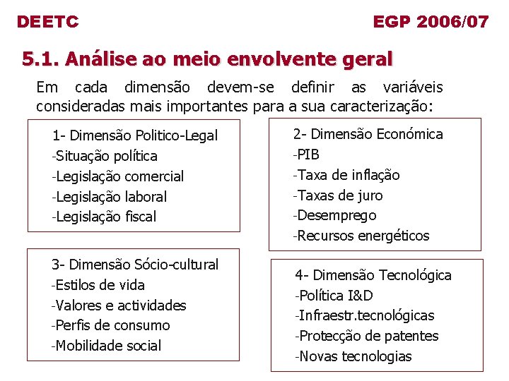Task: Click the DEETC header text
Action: coord(47,22)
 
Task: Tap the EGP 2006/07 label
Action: coord(431,22)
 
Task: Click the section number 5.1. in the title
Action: coord(40,59)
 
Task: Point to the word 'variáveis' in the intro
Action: coord(413,87)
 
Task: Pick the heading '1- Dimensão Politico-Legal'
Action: coord(135,135)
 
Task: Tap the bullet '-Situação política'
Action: coord(105,156)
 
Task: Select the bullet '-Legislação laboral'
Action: coord(110,197)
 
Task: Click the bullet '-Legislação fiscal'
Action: coord(104,217)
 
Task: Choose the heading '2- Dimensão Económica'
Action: coord(368,134)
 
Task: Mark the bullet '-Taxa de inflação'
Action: coord(346,175)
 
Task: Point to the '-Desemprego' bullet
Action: coord(334,215)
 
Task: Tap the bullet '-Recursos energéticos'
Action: coord(361,236)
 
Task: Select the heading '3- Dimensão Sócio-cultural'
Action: coord(135,265)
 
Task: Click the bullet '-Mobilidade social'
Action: coord(107,346)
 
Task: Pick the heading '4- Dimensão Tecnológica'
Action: coord(373,275)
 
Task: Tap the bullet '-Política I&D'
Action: coord(334,296)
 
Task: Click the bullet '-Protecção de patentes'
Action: coord(366,336)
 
